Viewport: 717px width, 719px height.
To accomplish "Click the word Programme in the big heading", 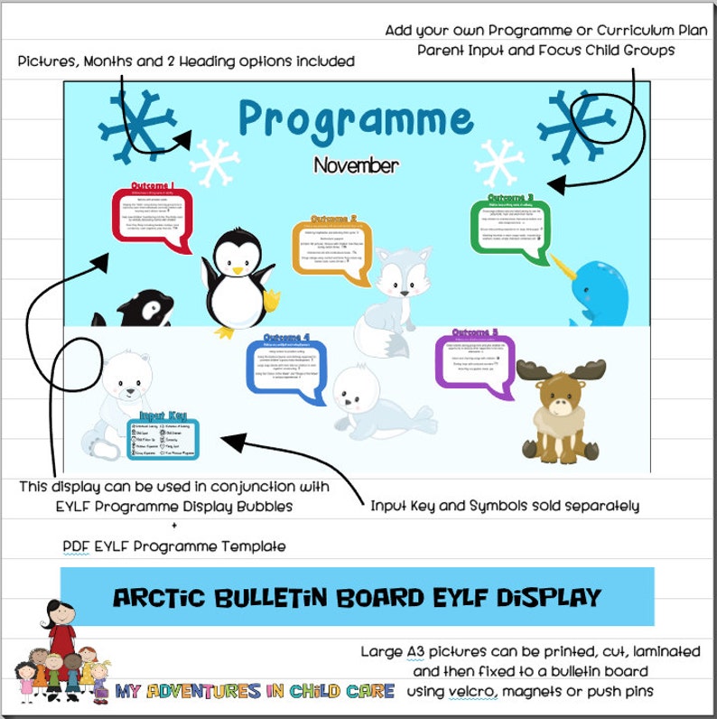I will [x=356, y=118].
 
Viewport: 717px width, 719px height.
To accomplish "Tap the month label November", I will [x=356, y=166].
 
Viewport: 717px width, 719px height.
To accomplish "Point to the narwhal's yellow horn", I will [x=564, y=269].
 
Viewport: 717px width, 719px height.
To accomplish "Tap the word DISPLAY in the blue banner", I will [x=541, y=597].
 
